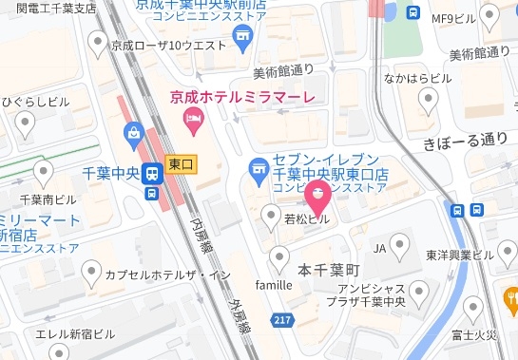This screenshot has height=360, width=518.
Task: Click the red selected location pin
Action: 316,196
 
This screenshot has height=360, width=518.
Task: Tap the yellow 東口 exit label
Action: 180,164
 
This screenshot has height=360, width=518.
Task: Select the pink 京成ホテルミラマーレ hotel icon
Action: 192,120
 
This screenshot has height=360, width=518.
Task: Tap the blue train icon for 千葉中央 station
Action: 151,174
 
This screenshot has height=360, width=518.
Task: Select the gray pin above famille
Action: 279,256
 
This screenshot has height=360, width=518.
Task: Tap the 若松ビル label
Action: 308,219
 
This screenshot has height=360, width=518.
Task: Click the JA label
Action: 379,249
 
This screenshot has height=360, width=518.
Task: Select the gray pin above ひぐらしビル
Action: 25,122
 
